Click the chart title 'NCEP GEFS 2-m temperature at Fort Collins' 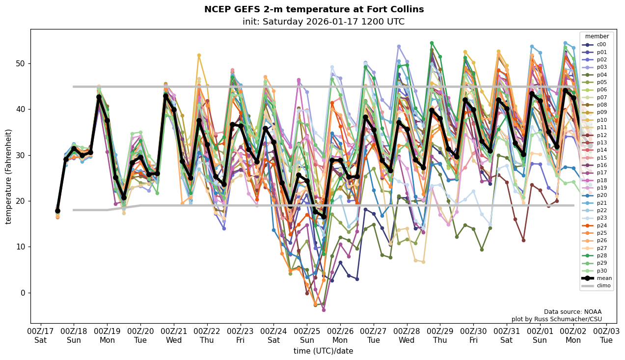(314, 9)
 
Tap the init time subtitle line (323, 22)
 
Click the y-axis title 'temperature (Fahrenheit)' (9, 176)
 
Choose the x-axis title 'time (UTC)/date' (323, 351)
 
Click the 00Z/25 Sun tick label (307, 335)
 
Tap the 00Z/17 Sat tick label (40, 335)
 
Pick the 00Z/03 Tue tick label (606, 335)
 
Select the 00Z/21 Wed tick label (174, 335)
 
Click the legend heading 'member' (597, 36)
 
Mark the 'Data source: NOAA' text (572, 312)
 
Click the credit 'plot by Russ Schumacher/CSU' (556, 319)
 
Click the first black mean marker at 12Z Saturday (57, 211)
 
